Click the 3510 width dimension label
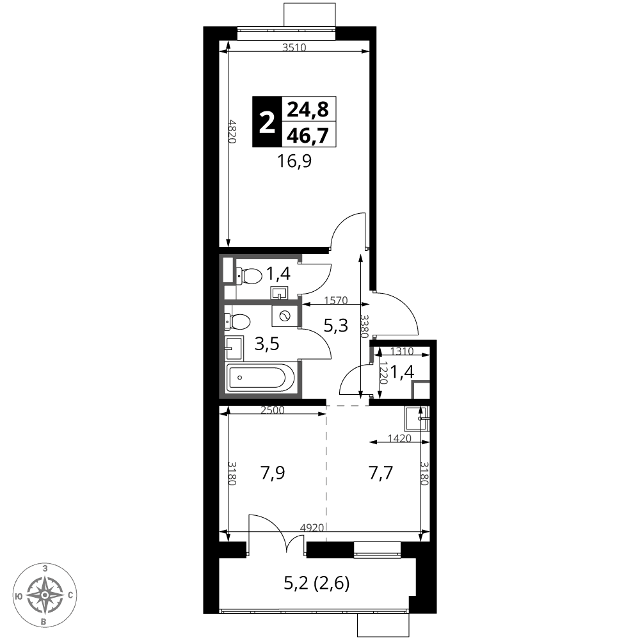tap(294, 48)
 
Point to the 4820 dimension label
tap(232, 131)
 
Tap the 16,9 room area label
tap(294, 161)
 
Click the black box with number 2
tap(267, 122)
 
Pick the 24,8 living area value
tap(308, 109)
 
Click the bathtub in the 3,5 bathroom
tap(260, 377)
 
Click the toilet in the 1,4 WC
tap(248, 276)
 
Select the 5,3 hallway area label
tap(335, 326)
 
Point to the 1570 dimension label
tap(335, 301)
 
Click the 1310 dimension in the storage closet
tap(402, 351)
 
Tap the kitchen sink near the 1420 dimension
tap(417, 419)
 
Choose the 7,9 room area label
tap(272, 473)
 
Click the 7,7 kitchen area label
tap(380, 473)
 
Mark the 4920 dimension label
tap(312, 528)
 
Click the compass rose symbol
tap(44, 595)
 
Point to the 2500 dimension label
tap(272, 410)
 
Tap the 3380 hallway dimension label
tap(365, 326)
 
